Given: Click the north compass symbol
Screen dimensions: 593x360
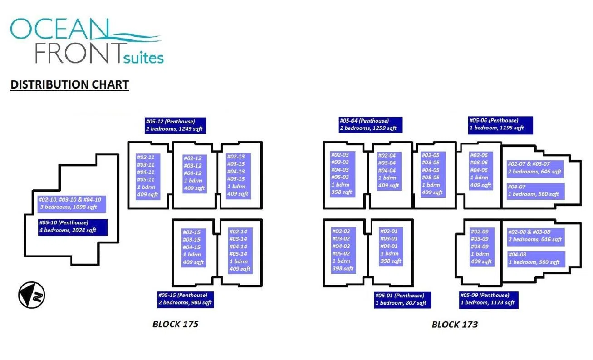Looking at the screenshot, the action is coord(31,295).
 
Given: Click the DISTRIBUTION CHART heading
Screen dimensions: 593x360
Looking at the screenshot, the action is coord(69,84).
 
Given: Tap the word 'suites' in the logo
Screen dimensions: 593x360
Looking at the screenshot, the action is coord(143,58).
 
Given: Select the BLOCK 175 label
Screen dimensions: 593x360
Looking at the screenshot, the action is coord(176,324).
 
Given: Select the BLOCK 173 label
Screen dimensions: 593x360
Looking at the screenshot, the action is coord(455,324).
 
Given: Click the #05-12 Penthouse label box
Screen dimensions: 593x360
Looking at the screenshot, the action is coord(175,125).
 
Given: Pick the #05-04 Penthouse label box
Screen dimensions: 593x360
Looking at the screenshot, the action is coord(371,124).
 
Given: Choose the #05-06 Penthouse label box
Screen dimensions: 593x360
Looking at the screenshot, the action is coord(500,124).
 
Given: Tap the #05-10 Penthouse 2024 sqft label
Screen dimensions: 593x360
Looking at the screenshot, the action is coord(73,227).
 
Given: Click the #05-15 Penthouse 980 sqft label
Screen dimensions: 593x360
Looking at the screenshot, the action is coord(186,299).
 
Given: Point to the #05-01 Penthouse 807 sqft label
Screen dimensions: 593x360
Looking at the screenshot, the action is coord(402,300).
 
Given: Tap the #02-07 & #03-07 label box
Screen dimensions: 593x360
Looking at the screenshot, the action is coord(535,168).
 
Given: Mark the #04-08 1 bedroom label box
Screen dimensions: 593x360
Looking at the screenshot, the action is coord(536,259).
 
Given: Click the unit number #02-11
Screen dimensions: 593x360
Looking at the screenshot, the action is coord(146,157).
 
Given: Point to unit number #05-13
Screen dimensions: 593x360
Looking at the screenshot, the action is coord(236,179).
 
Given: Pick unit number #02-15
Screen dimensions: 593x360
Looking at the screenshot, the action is coord(191,232).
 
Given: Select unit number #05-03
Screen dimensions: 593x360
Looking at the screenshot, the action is coord(340,177).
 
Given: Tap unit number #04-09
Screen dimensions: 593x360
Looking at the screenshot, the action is coord(480,247).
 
